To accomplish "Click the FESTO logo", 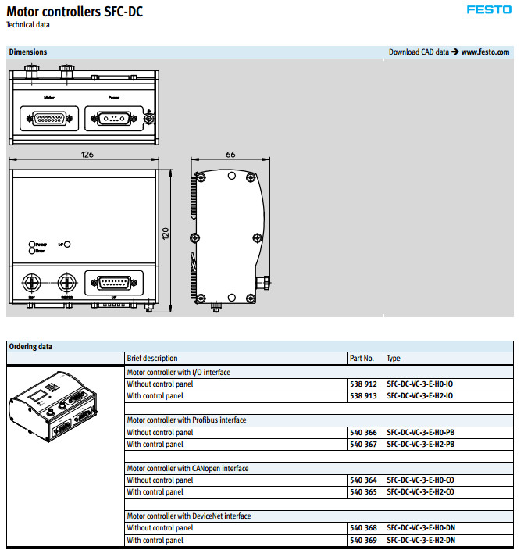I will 489,10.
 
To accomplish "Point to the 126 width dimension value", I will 87,154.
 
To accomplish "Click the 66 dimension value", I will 230,154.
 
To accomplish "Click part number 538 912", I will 363,384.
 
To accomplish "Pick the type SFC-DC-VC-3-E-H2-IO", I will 420,396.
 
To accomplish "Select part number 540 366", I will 363,432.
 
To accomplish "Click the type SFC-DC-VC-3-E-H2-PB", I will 421,445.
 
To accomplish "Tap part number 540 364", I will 363,480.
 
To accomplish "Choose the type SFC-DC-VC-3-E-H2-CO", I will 421,492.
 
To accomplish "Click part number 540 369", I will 363,541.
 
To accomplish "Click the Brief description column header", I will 152,359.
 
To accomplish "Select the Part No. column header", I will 362,359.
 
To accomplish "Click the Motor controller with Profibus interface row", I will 187,420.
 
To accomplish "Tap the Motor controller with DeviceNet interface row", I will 189,516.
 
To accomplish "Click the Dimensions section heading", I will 28,52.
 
